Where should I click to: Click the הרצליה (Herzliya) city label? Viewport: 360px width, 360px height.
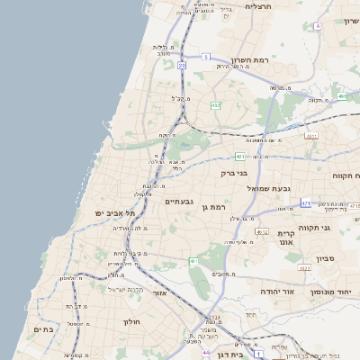pos(257,6)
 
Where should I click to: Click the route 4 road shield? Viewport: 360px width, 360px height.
pos(317,26)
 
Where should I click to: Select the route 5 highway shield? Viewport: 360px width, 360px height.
pos(205,57)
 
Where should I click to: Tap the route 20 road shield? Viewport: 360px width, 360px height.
pos(182,65)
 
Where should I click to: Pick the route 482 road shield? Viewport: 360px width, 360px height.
pos(215,105)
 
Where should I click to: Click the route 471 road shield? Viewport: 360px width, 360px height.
pos(305,203)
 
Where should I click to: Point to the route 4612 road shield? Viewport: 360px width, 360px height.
pos(261,232)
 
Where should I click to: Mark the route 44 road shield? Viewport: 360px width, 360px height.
pos(206,351)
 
